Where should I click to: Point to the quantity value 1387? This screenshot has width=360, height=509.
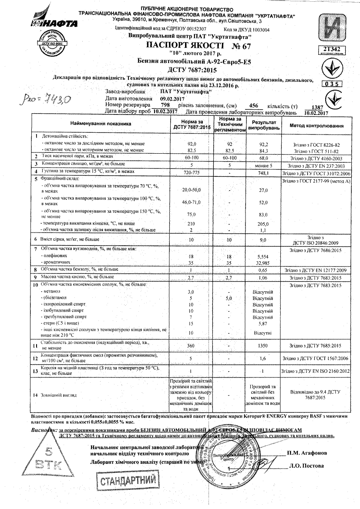(318, 107)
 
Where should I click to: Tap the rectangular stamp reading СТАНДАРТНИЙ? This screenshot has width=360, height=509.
(128, 480)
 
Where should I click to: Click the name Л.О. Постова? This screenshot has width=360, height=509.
(307, 465)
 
